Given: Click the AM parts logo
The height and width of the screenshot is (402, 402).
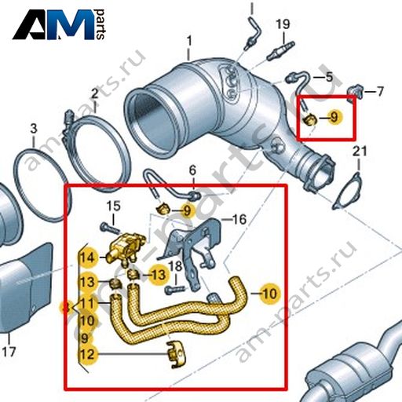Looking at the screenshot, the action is point(59,25).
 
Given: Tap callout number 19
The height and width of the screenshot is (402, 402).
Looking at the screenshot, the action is point(283,24).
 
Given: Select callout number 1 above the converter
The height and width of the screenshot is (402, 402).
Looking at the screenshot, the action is point(189,42).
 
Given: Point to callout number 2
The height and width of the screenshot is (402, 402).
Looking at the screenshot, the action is point(94,93).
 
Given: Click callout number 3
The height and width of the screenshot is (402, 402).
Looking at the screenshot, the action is point(34,129).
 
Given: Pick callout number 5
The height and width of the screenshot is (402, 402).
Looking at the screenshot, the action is point(329,77).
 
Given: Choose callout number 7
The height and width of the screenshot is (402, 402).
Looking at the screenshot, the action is point(380,91).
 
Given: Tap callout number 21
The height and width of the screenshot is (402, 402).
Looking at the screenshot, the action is point(360,152).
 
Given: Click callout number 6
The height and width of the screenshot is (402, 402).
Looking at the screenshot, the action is point(192,171).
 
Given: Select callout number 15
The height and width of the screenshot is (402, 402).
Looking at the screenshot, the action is point(114,206).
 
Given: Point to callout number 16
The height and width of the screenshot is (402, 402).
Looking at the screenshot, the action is point(239,219).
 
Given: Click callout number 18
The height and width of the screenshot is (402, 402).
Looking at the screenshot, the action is point(175,266).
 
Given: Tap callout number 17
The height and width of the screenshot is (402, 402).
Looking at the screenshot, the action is point(9,352).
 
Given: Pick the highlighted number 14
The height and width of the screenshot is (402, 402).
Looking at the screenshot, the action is point(87,258).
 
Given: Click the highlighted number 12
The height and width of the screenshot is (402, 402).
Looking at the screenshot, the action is point(87,354).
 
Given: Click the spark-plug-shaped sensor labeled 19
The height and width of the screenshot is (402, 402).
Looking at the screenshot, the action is point(281,50).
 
